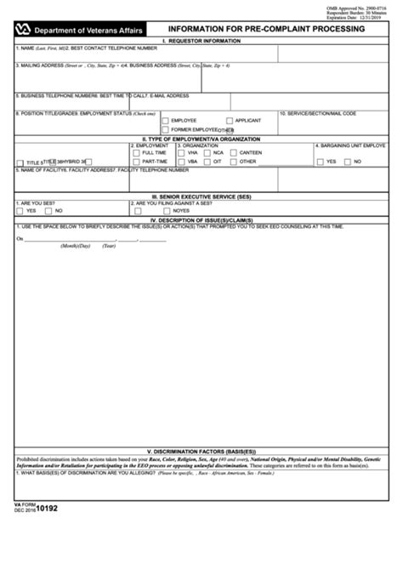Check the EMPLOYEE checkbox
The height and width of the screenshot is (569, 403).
tap(166, 121)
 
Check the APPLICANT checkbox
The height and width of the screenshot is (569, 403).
tap(230, 121)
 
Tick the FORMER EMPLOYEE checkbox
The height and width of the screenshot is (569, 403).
tap(166, 130)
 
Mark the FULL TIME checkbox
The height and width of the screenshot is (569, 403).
tap(136, 152)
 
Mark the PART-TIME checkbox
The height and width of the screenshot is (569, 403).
tap(136, 161)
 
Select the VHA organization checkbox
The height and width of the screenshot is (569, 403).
tap(181, 152)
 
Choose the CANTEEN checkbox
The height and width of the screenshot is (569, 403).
tap(232, 152)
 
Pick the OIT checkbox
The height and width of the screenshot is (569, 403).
tap(207, 161)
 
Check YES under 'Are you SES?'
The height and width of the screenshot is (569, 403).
tap(20, 210)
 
